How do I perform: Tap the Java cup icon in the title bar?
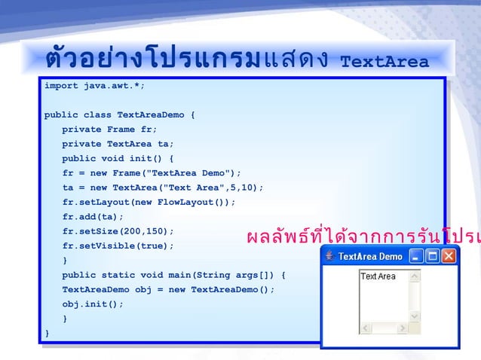[329, 256]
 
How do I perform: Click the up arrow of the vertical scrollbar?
[414, 276]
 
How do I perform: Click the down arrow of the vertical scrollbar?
[414, 316]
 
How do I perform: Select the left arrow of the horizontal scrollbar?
[365, 328]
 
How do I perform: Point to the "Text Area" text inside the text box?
[378, 276]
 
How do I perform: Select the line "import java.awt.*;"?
[94, 86]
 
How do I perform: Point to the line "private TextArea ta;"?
[118, 144]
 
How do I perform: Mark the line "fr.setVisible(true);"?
[118, 246]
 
